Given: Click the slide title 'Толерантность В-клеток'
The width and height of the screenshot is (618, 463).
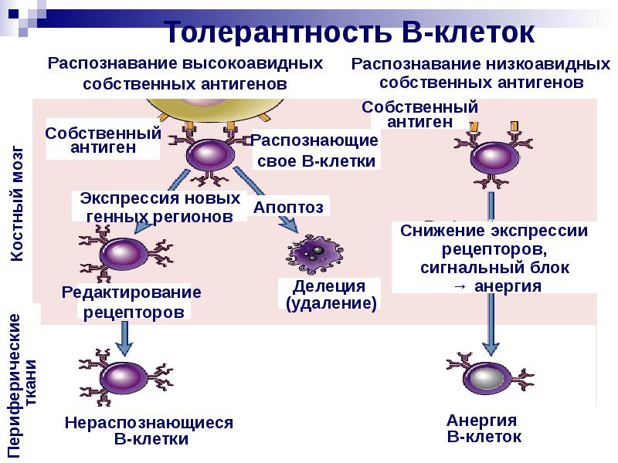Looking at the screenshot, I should click(349, 32).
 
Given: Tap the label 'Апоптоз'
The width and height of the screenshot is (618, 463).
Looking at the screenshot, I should click(289, 207).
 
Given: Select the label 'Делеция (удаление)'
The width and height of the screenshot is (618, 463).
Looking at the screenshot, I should click(330, 295).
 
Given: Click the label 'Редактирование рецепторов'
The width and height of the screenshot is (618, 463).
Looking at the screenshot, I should click(133, 302).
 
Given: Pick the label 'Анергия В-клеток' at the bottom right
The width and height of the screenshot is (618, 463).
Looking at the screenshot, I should click(484, 428).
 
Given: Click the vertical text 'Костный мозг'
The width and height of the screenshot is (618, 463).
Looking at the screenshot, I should click(17, 204).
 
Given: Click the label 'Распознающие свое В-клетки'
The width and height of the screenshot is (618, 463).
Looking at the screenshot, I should click(315, 151).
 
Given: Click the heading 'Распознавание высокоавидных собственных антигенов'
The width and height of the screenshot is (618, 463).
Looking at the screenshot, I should click(185, 73).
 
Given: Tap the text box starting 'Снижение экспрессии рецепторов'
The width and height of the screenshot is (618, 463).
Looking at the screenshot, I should click(494, 258).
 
